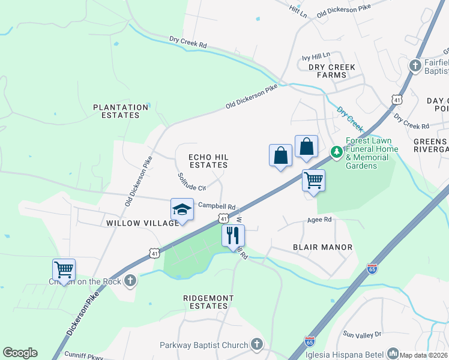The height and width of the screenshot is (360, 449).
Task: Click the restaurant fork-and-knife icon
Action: [234, 235]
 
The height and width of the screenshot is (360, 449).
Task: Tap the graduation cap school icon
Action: [182, 209]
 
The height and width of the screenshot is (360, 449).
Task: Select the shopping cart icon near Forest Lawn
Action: [313, 180]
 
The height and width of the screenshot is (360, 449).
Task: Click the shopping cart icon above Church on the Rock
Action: [64, 269]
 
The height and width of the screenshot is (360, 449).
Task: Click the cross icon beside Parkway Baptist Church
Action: [257, 344]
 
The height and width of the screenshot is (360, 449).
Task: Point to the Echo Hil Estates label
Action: [208, 161]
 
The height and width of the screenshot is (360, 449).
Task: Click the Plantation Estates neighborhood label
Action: [121, 112]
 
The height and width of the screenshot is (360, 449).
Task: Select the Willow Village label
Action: [142, 223]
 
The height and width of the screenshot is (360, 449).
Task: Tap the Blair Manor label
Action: [322, 247]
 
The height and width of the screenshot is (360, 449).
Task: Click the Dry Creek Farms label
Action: [332, 71]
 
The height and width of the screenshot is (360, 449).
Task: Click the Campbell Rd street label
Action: [217, 205]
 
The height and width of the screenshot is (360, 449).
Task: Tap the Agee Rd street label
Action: [319, 220]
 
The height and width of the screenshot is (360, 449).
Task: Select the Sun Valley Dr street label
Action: [362, 334]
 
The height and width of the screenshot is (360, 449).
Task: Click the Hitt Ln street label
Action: [297, 10]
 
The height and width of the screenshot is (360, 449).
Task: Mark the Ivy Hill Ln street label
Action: [316, 55]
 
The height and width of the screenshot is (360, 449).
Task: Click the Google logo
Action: [20, 353]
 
